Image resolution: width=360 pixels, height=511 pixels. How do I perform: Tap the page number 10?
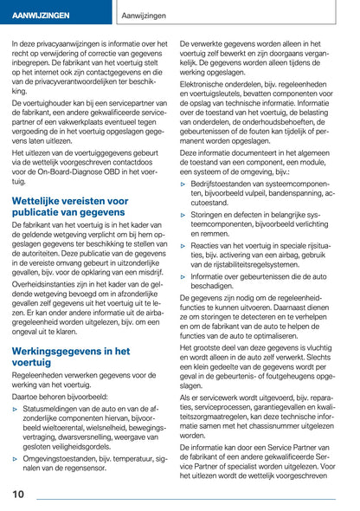18,494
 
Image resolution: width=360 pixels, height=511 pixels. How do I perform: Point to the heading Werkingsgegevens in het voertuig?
71,358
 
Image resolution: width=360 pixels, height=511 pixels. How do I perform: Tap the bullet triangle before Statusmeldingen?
16,407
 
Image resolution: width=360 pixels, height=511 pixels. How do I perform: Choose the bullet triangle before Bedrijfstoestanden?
183,184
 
